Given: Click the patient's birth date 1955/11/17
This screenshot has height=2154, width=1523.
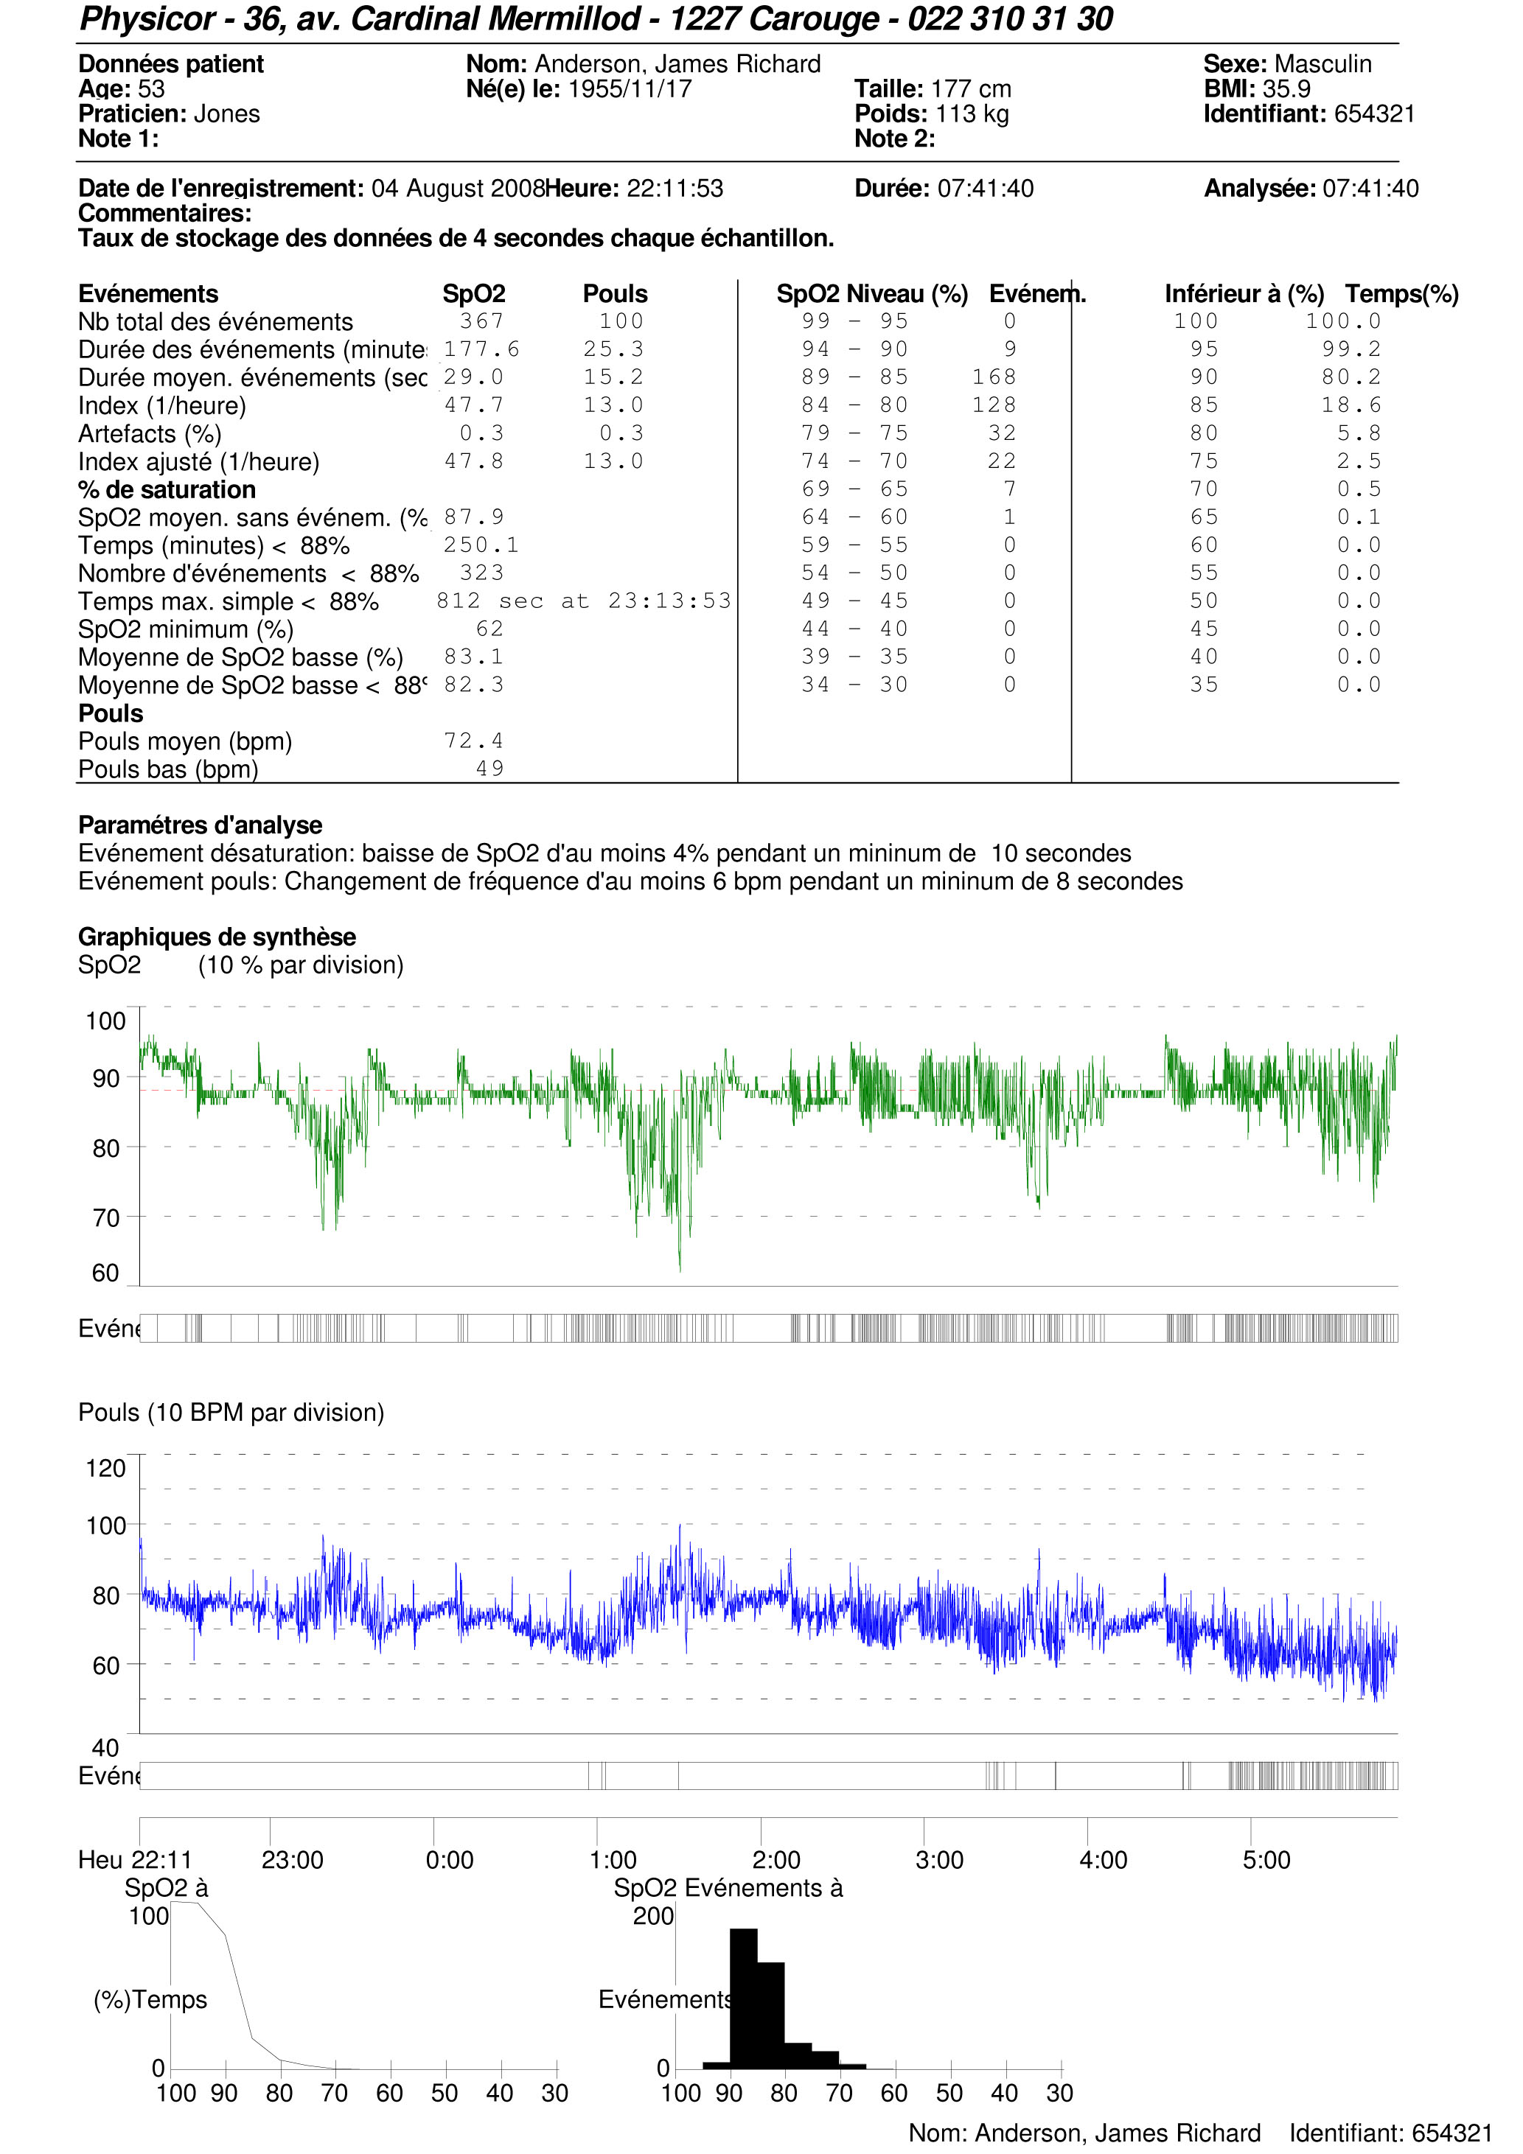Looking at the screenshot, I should click(x=630, y=89).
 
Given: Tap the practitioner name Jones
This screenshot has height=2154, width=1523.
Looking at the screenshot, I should click(x=226, y=113).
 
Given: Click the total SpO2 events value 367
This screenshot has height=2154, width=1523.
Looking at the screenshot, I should click(x=481, y=321).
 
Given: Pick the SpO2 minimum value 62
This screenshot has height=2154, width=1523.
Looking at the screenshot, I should click(x=489, y=629).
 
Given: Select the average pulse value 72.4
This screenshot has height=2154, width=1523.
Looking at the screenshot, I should click(x=473, y=741).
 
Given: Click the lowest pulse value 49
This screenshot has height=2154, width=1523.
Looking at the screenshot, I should click(x=489, y=769).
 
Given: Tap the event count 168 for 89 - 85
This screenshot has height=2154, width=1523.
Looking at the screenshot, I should click(x=994, y=377).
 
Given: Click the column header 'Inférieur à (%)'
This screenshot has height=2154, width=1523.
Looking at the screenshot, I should click(x=1244, y=293).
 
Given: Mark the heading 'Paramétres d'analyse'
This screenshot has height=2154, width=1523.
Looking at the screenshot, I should click(x=200, y=825).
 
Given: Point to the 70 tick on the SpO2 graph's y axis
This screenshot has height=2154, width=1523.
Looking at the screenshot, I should click(x=106, y=1217).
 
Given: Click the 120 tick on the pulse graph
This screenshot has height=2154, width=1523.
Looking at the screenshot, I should click(x=106, y=1468).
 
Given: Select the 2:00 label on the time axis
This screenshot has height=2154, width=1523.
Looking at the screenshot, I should click(x=776, y=1859).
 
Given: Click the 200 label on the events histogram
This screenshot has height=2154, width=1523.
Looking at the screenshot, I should click(x=653, y=1916).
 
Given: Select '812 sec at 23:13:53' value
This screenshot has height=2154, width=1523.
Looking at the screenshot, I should click(x=583, y=601).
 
